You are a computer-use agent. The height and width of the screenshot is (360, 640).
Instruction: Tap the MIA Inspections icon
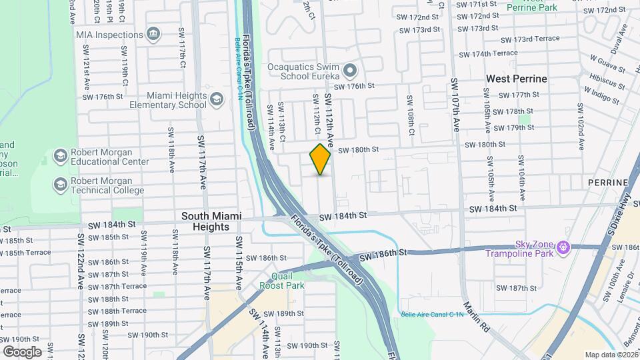point(153,33)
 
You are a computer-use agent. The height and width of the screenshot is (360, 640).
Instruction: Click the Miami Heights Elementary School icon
point(216,100)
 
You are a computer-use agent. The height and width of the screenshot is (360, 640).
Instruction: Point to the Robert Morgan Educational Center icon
point(60,156)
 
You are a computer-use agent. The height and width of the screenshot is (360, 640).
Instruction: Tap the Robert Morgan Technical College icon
point(60,184)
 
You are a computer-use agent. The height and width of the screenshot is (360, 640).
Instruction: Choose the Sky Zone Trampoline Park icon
point(565,247)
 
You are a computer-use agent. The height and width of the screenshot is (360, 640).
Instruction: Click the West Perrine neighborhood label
point(516,79)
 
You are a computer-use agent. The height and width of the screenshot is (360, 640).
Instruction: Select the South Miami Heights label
point(211,221)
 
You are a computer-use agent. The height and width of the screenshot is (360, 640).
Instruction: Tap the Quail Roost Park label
point(288,281)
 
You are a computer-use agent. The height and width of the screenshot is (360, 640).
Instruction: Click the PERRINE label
point(608,182)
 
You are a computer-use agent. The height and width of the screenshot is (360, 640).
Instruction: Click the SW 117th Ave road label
point(201,162)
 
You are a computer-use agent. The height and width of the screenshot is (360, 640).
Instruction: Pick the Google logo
point(22,351)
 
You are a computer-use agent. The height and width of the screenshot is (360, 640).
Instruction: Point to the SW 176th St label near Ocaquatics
point(355,86)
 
